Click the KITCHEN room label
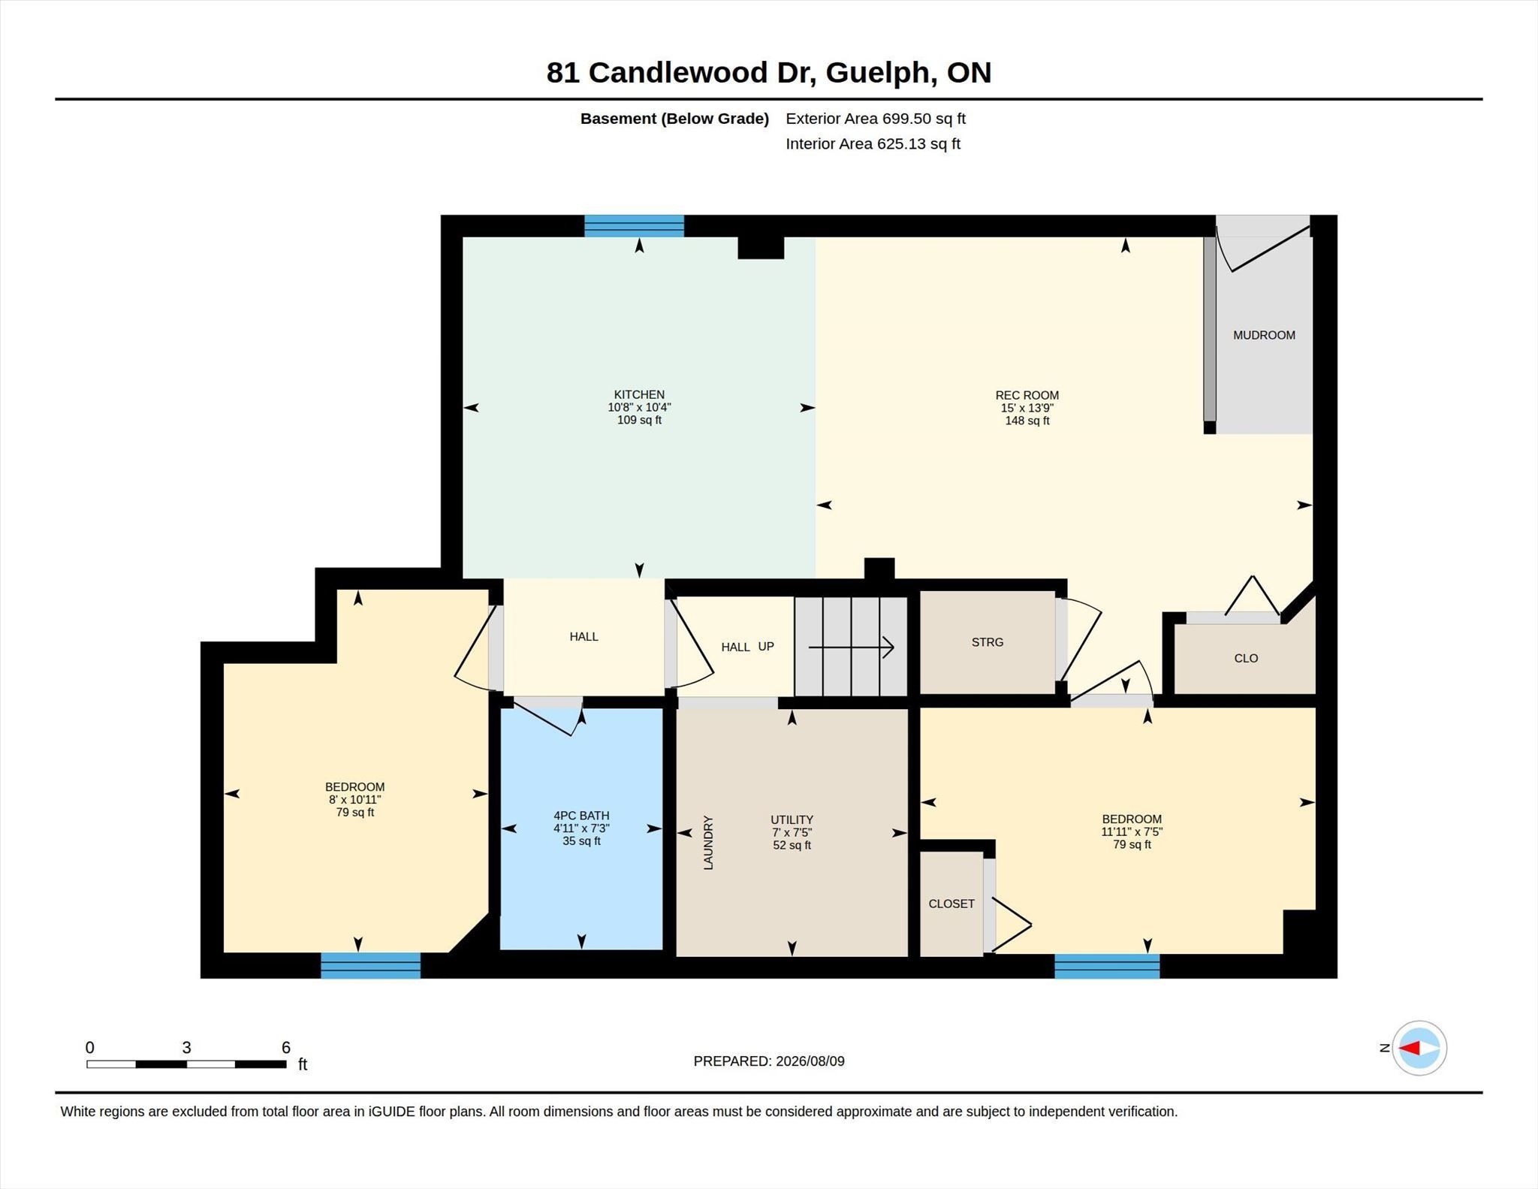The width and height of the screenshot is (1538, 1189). click(x=639, y=394)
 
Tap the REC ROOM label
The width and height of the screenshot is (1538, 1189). click(x=1027, y=395)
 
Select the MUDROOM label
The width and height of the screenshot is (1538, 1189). click(x=1264, y=335)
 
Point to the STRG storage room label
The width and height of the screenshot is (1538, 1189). click(x=987, y=642)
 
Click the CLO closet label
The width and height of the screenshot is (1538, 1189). click(x=1246, y=658)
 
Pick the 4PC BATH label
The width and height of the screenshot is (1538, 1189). click(x=581, y=816)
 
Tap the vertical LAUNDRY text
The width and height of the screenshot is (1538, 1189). click(x=708, y=843)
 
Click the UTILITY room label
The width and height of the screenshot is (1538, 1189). click(x=792, y=819)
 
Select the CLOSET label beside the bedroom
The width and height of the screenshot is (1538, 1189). click(x=951, y=904)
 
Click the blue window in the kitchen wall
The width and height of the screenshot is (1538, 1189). click(x=634, y=226)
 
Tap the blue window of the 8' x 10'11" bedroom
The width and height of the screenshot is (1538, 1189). click(x=370, y=965)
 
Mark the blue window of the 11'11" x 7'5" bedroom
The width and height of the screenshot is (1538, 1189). click(x=1107, y=966)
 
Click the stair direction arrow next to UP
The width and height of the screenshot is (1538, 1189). click(x=851, y=647)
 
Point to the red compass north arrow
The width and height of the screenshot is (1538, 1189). click(x=1410, y=1048)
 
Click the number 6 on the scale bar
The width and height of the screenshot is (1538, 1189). click(x=285, y=1047)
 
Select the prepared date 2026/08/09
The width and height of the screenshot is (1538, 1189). click(x=810, y=1061)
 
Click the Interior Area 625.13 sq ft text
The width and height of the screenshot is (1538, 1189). click(x=873, y=143)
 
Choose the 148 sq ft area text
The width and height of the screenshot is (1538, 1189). click(x=1027, y=421)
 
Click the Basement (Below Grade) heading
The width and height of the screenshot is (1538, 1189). click(x=674, y=119)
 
